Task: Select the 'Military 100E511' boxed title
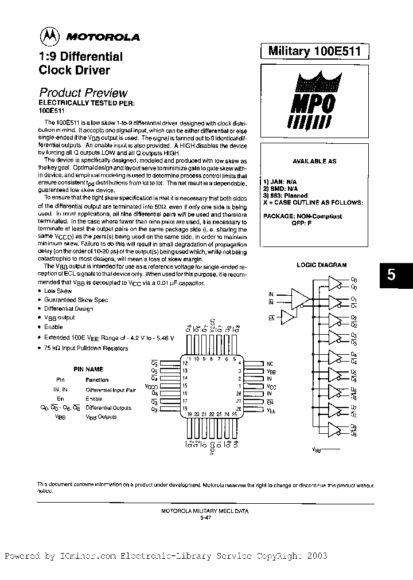point(314,52)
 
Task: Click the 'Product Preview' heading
point(83,92)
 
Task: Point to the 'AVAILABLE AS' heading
point(314,162)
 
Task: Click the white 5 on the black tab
point(391,275)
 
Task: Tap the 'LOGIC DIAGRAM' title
point(321,265)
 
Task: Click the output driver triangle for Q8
point(334,429)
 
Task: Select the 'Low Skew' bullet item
point(58,291)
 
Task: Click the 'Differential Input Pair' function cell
point(111,389)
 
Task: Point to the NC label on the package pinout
point(270,363)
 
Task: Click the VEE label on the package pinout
point(271,411)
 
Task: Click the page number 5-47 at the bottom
point(206,517)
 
